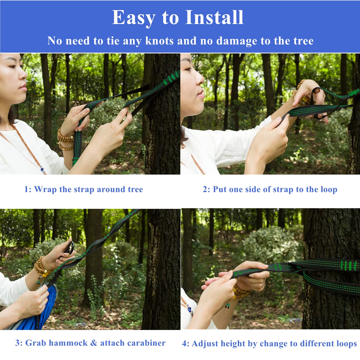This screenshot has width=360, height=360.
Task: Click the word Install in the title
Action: click(x=214, y=17)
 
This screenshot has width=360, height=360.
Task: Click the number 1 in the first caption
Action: click(x=26, y=189)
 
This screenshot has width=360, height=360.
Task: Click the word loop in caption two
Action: click(x=329, y=189)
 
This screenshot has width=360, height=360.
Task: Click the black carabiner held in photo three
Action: click(x=69, y=248)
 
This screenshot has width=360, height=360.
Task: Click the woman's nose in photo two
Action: click(x=200, y=79)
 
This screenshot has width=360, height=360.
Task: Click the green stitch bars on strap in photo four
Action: click(x=348, y=265)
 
